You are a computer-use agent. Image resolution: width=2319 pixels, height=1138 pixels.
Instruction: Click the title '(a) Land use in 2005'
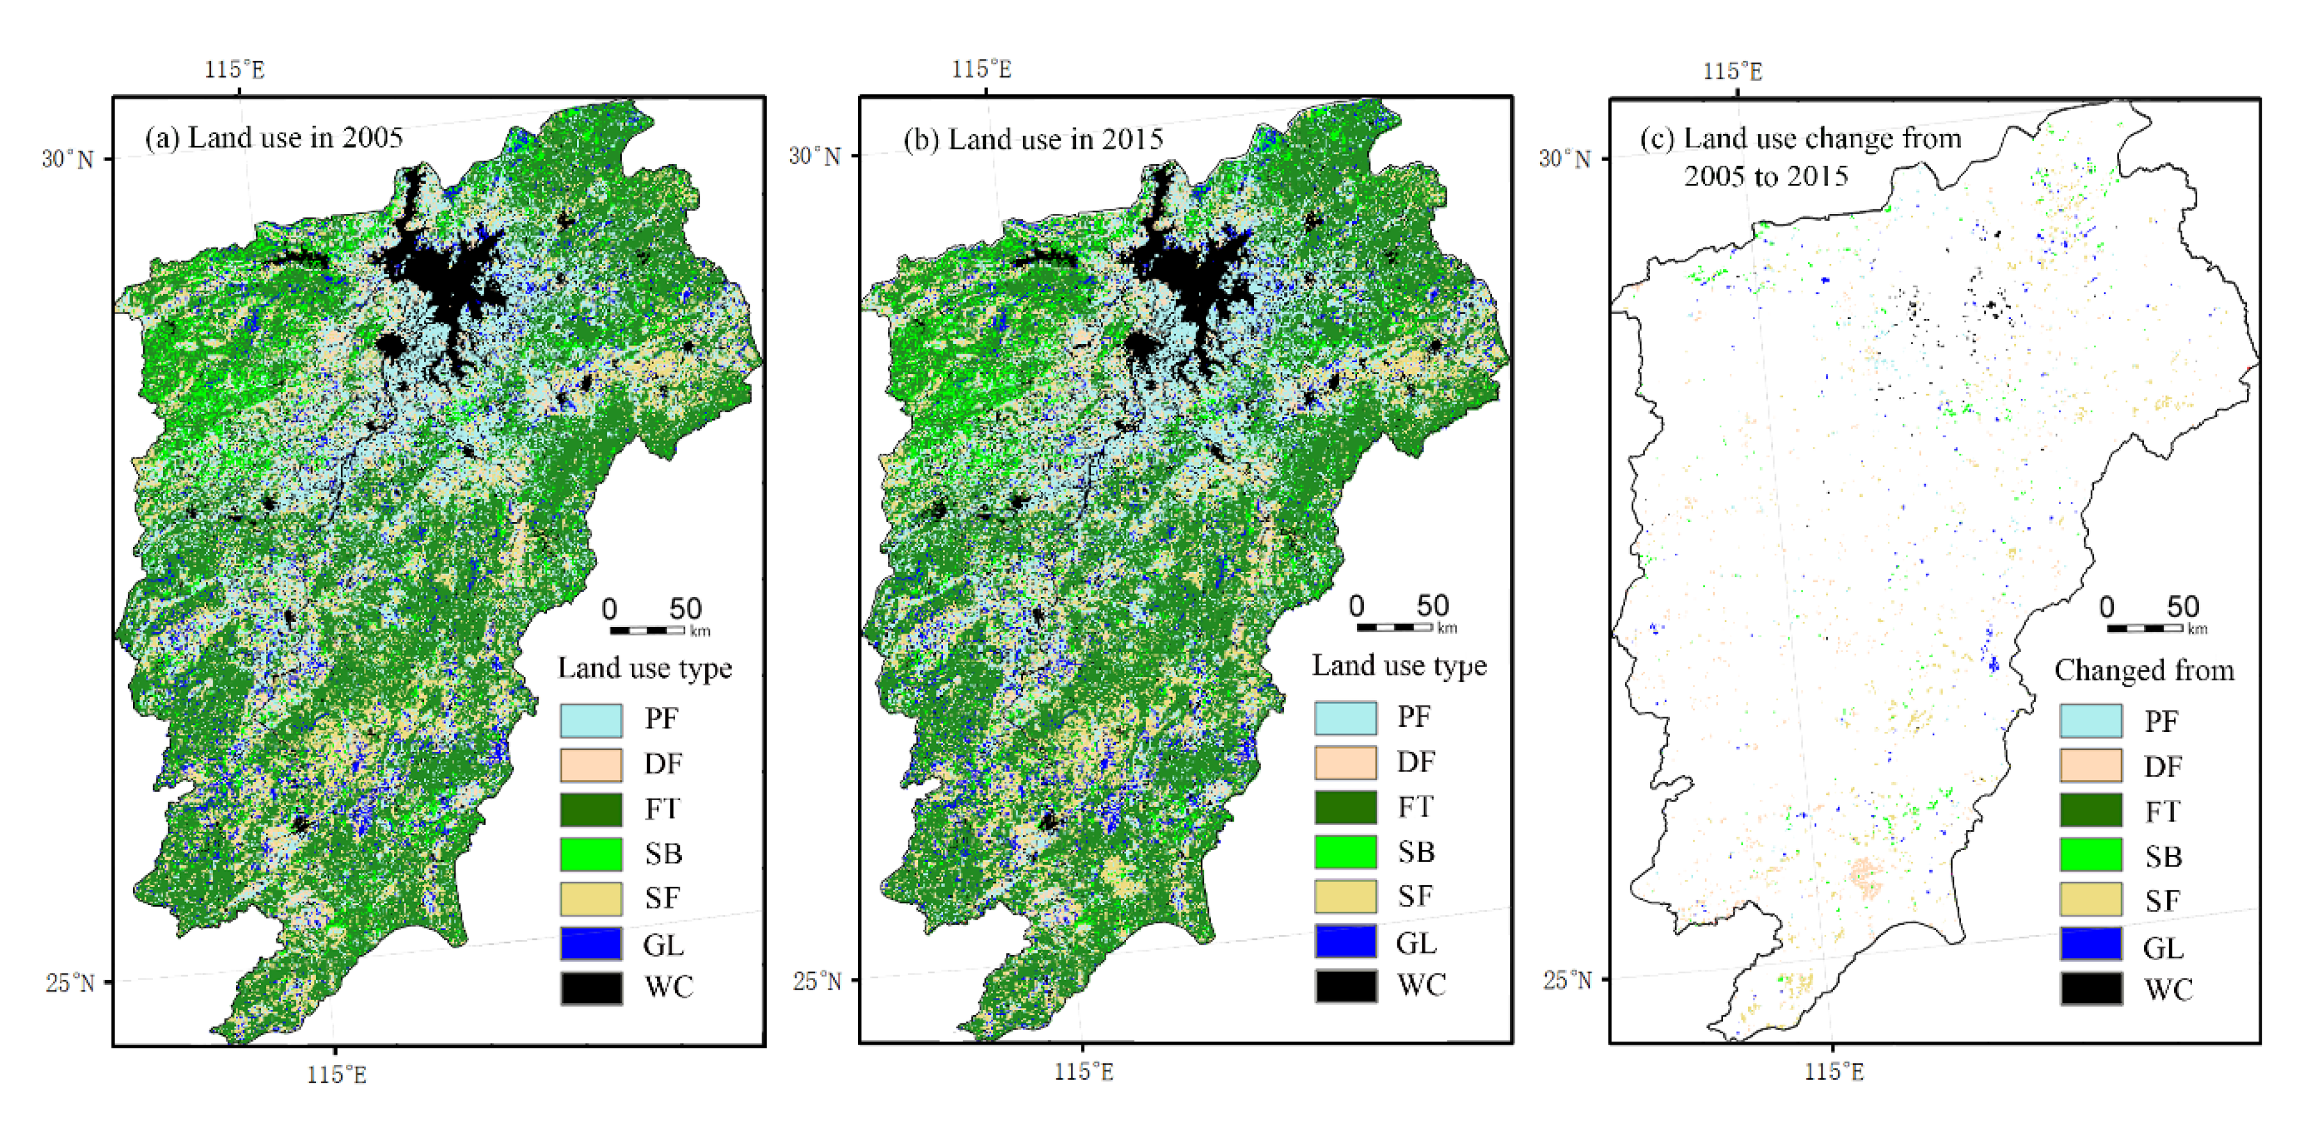pos(274,138)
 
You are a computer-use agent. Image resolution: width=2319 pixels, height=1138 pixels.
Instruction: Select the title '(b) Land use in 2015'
pos(1033,140)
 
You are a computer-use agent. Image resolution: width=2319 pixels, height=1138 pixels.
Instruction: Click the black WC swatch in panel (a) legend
pos(590,987)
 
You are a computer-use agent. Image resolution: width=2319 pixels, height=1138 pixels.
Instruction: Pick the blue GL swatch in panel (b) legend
pos(1345,941)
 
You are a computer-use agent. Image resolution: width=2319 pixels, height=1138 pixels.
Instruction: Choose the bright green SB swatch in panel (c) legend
pos(2090,854)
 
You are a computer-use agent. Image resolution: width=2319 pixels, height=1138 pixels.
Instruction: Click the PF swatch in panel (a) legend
pos(590,720)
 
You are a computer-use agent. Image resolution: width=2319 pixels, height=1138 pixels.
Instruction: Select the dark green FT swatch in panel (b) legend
pos(1345,807)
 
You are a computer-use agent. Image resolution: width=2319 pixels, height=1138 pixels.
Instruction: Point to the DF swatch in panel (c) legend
pos(2090,765)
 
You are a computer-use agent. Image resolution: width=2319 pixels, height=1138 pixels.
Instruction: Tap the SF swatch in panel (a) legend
pos(590,898)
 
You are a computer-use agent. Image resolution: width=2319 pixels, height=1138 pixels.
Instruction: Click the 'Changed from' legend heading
pos(2143,670)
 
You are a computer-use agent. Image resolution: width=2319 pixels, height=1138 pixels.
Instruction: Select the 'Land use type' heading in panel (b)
pos(1398,665)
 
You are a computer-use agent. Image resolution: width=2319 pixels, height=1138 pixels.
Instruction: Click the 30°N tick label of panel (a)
pos(68,159)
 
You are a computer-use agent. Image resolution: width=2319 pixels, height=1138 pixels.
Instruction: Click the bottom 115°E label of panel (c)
pos(1833,1072)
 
